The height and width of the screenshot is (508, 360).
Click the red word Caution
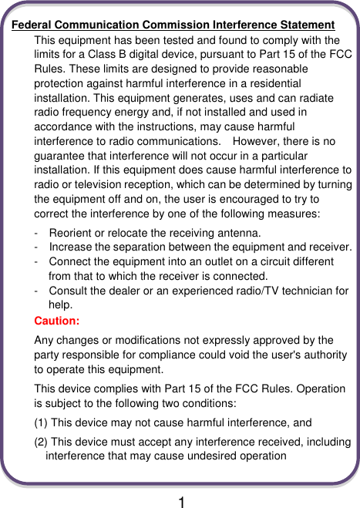coord(57,320)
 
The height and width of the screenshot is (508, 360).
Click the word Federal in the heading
coord(32,25)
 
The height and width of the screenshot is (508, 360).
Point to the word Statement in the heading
coord(306,25)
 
